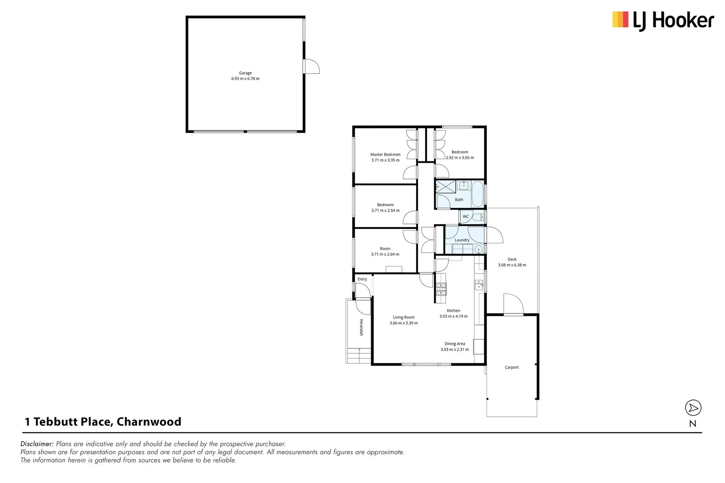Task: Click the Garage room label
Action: tap(245, 73)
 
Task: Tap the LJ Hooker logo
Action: tap(663, 21)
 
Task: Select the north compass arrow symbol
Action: tap(693, 408)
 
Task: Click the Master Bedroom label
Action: tap(385, 154)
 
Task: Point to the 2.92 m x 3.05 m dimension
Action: tap(460, 158)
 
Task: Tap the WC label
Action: tap(465, 216)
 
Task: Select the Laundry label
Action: tap(462, 240)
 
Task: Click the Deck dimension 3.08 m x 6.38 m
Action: tap(512, 265)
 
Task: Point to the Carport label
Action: tap(512, 368)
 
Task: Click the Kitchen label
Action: tap(453, 310)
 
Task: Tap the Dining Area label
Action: tap(455, 344)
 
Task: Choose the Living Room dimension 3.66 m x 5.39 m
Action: tap(404, 323)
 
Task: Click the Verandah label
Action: tap(361, 327)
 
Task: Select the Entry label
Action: tap(362, 279)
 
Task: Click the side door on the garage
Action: tap(312, 66)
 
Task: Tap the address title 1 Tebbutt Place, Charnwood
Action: tap(103, 422)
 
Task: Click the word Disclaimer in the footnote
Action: tap(37, 444)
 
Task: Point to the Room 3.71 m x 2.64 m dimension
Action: tap(385, 254)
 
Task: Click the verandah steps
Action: tap(359, 356)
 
